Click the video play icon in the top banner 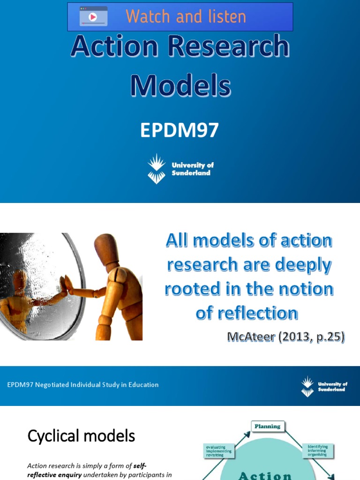(x=93, y=16)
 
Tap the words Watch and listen (x=186, y=16)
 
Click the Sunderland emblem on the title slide (x=157, y=169)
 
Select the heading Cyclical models (x=81, y=436)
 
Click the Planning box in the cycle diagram (x=267, y=427)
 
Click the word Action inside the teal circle (x=265, y=475)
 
